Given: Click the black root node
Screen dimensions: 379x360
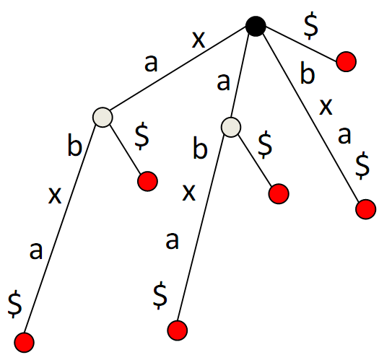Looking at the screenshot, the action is click(256, 27).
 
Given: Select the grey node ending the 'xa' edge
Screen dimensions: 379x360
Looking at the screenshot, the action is click(103, 117).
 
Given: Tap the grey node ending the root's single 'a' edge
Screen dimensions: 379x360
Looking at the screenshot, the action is click(231, 127).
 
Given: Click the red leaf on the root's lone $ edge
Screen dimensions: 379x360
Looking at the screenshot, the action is click(346, 61).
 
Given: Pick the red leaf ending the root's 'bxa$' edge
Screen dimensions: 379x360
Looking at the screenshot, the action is click(366, 209).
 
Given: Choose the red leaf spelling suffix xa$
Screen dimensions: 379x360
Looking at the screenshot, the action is click(147, 182).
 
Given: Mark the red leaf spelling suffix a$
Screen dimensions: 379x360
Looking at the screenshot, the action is click(279, 194).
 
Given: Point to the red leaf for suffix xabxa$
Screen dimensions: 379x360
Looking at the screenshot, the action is click(24, 343).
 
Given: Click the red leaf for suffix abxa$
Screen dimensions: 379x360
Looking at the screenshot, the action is click(178, 330).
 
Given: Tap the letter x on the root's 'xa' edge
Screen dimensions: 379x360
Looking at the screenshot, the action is click(199, 40).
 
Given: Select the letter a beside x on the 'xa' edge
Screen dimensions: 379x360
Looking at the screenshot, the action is click(151, 63).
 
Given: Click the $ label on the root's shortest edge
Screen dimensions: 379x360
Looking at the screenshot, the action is click(311, 25).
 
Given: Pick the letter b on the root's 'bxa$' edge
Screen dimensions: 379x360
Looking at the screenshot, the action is click(308, 73).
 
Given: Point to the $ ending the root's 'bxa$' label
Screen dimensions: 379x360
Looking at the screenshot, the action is click(362, 165).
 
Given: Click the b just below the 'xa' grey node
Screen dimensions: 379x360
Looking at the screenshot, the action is click(74, 144).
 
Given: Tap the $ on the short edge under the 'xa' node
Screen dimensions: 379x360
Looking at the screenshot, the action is click(142, 136).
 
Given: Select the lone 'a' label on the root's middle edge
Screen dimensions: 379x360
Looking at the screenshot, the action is click(223, 82).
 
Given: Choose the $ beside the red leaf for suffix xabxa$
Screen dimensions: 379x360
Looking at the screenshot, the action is click(14, 304).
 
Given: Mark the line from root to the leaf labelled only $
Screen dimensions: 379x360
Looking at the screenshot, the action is click(302, 43).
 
